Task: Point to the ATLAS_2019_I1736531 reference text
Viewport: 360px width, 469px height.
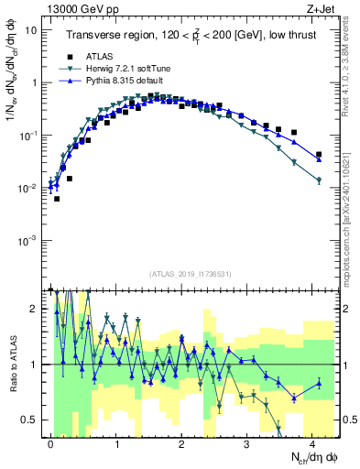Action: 191,274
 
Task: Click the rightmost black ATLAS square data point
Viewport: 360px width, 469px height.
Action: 319,155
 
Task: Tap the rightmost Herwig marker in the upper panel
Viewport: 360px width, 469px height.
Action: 319,180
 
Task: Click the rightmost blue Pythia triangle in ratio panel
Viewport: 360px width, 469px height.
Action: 319,383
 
